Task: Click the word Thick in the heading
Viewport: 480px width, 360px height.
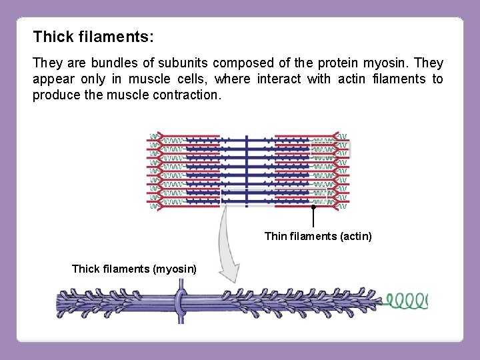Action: click(x=51, y=36)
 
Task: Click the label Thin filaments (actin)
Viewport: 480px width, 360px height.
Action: click(x=318, y=236)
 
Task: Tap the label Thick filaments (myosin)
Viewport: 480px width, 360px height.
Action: click(x=134, y=269)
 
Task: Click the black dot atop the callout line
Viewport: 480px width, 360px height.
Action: click(x=313, y=207)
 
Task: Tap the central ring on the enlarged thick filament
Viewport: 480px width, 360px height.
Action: click(x=180, y=303)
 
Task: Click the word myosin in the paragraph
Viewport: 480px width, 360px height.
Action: click(x=385, y=63)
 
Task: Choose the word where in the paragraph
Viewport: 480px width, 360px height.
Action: click(x=235, y=79)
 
